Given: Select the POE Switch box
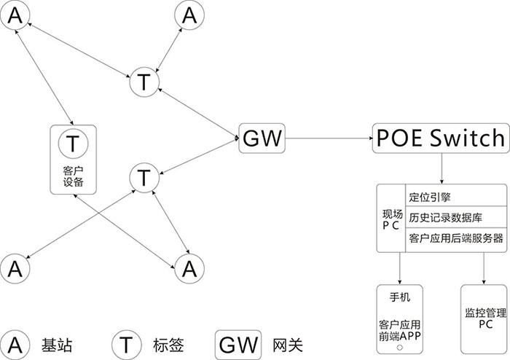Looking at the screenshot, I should point(439,137).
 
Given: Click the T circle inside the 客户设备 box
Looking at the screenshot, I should point(73,142).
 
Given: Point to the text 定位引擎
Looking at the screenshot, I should point(430,196).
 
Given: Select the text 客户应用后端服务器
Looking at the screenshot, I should point(456,238).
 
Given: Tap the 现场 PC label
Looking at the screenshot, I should point(391,219).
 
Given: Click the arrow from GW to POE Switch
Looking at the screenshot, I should point(328,137).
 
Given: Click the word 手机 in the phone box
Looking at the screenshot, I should point(401,297).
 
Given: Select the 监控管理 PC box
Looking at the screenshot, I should point(484,318).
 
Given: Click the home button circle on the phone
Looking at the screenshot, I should point(400,348).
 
